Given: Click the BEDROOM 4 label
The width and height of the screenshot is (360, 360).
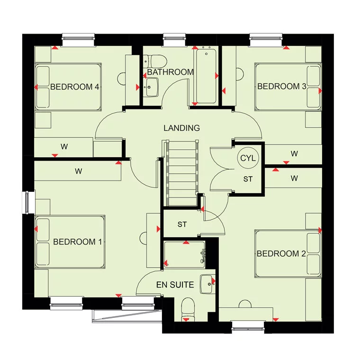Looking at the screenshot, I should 74,87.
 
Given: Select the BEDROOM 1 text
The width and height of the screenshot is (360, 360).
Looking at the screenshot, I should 78,242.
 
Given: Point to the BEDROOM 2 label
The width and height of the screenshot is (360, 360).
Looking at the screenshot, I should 281,253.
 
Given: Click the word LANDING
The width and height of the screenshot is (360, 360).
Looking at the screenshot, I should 181,128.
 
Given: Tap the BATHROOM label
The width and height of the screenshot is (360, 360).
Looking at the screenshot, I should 170,72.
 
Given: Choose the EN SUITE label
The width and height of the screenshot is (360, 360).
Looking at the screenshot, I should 175,285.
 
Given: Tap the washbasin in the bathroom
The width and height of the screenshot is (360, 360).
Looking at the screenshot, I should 153,87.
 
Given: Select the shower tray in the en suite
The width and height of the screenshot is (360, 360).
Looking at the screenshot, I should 184,254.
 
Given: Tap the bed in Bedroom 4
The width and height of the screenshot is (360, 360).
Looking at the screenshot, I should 68,87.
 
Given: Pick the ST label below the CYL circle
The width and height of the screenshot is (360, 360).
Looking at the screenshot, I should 248,179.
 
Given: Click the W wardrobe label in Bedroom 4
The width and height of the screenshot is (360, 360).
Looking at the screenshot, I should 63,147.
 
